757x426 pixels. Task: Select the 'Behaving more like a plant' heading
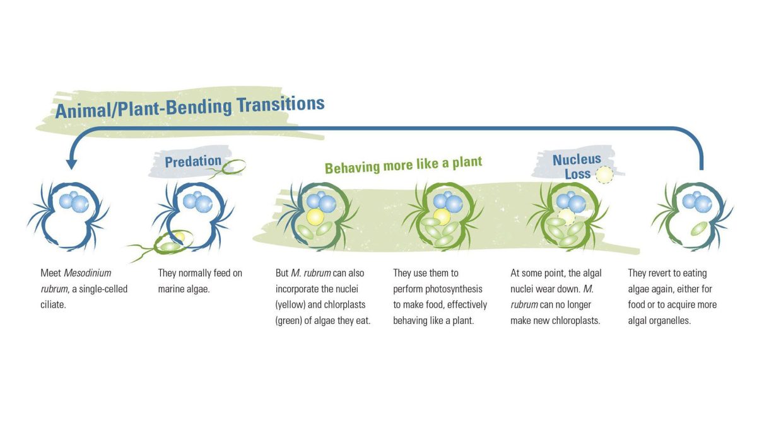(x=403, y=165)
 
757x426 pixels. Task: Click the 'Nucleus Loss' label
(x=577, y=166)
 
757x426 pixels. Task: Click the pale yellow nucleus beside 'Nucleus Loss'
(x=604, y=175)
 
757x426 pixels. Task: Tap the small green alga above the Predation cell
(x=234, y=166)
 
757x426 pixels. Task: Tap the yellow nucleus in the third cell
(x=315, y=217)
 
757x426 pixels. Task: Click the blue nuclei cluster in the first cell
(x=74, y=201)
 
